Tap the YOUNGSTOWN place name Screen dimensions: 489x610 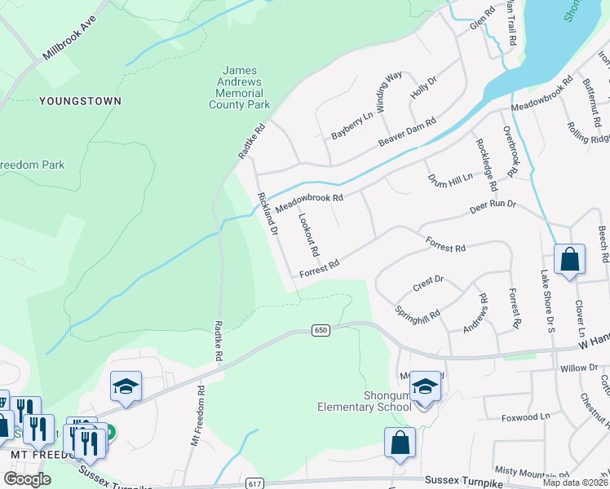(80, 101)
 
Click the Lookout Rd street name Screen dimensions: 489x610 (308, 235)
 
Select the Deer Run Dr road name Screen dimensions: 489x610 (493, 204)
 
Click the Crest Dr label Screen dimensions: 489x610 (427, 283)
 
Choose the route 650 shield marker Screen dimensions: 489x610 (320, 330)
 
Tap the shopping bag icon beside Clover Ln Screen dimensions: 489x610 (569, 261)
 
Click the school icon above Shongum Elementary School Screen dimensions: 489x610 (424, 386)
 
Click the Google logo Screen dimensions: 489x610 (28, 479)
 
